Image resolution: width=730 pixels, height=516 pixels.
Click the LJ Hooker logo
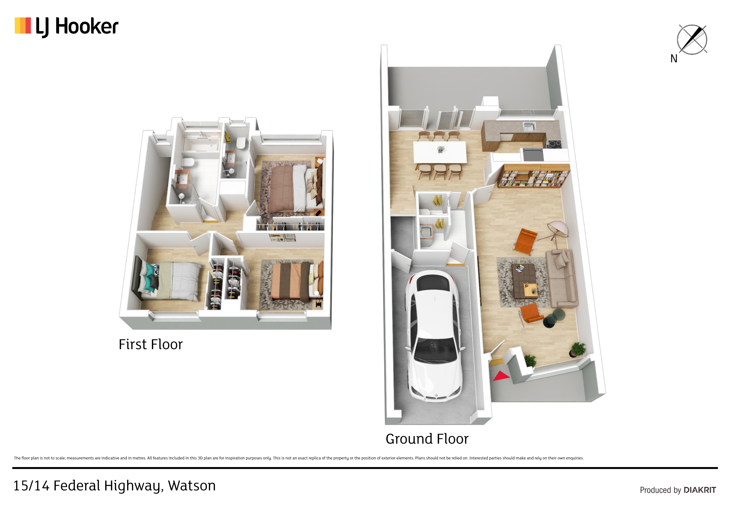[66, 27]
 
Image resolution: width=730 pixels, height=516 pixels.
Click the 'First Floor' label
[151, 344]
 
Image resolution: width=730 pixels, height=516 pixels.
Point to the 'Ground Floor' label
[427, 439]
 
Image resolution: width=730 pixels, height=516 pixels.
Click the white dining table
[440, 152]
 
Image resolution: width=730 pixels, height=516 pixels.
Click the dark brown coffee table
[524, 281]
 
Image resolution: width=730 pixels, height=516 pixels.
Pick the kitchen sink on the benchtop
[529, 127]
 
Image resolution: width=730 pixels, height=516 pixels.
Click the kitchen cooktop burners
[555, 144]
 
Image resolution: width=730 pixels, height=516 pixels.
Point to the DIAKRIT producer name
[700, 490]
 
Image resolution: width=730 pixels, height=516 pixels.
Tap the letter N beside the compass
[674, 58]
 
